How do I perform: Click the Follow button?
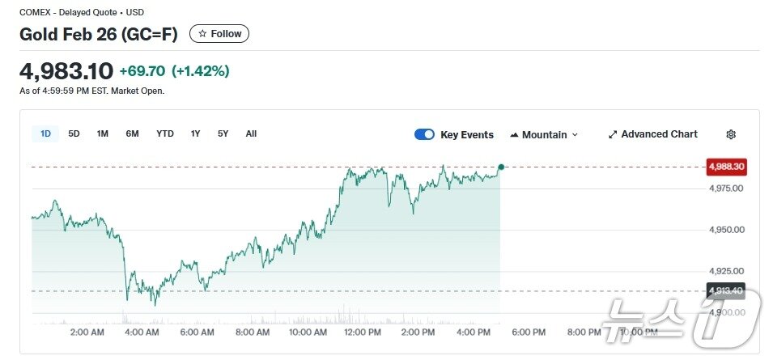tap(219, 34)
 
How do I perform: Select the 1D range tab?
tap(45, 133)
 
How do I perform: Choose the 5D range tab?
tap(74, 133)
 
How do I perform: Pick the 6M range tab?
tap(132, 133)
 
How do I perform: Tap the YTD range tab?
tap(165, 133)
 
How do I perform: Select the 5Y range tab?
tap(223, 133)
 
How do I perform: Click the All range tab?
tap(251, 133)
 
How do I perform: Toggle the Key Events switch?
tap(424, 134)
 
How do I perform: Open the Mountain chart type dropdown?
tap(544, 134)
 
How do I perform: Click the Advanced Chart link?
tap(652, 134)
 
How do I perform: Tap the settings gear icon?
tap(731, 134)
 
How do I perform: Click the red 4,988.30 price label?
tap(726, 167)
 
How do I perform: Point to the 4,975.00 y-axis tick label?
tap(726, 188)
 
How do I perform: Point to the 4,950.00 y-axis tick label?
tap(726, 230)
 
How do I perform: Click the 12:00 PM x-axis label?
tap(363, 332)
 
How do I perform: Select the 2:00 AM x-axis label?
tap(87, 332)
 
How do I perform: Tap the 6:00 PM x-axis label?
tap(528, 332)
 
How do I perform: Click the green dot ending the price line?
tap(501, 167)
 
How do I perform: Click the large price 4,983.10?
tap(66, 71)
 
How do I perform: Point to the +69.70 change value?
tap(142, 71)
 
